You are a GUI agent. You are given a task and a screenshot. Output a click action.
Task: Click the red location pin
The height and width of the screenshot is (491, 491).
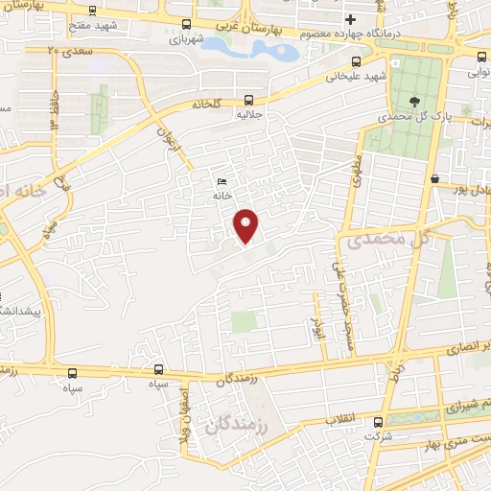point(246,225)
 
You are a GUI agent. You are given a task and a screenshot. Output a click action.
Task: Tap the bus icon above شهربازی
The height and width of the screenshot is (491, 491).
point(185,25)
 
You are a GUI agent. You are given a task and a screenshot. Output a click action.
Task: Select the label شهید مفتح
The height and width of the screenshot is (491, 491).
point(120,27)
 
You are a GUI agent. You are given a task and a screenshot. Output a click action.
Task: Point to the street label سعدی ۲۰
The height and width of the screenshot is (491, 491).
point(68,49)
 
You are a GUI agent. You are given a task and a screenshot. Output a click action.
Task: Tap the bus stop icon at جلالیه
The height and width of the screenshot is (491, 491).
point(249,99)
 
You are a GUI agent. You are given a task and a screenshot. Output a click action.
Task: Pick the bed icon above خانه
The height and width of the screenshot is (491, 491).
point(222,180)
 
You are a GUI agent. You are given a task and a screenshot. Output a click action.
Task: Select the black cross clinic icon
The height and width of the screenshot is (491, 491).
point(351,19)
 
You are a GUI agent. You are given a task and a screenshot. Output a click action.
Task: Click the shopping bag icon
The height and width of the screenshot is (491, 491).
point(435,178)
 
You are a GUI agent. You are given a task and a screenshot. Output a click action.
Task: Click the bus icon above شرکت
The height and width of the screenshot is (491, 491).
point(377,422)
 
